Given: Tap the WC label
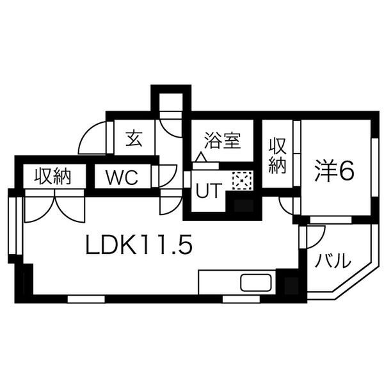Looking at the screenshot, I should pos(122,177).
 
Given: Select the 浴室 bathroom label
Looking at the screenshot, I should pos(221,140).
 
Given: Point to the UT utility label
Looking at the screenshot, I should pos(207,190).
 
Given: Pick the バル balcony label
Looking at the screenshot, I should pos(333,260).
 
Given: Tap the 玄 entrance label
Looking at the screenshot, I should pos(133,138).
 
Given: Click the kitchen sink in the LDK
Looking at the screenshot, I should pos(255,282).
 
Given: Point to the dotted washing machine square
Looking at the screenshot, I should pos(243,182).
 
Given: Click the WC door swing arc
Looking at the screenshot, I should pos(167,175).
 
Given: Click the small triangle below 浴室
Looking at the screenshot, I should pos(201,157).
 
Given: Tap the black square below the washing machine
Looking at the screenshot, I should pos(243,206).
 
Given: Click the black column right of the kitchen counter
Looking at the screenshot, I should pos(289,282).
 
